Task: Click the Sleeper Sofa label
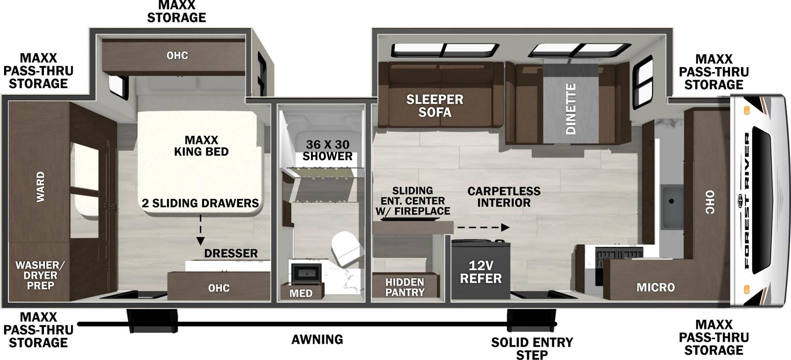pos(435,106)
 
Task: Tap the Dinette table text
pos(571,109)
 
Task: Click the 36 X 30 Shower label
pos(327,150)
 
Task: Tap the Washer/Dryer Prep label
pos(40,275)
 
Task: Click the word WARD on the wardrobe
pos(41,186)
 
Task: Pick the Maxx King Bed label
pos(201,146)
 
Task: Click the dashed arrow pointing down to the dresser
pos(200,230)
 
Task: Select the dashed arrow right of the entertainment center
pos(483,227)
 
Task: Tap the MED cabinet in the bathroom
pos(301,293)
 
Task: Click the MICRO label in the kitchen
pos(656,287)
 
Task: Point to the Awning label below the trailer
pos(317,340)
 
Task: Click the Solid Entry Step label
pos(532,348)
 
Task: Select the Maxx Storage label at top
pos(176,11)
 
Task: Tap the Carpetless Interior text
pos(504,197)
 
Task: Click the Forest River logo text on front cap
pos(747,200)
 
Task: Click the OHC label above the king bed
pos(177,55)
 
